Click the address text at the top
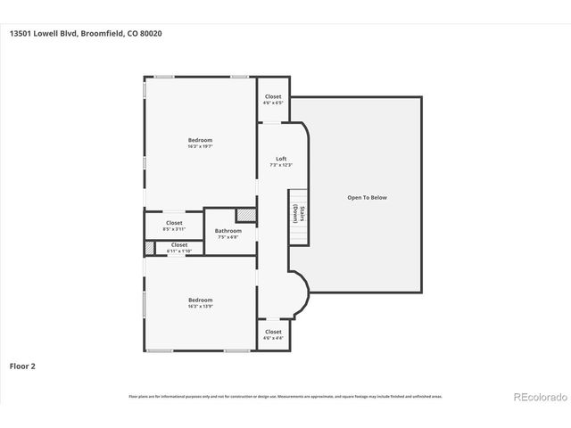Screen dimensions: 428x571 (87, 34)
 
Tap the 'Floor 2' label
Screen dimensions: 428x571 (22, 366)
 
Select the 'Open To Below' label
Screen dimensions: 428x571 (367, 197)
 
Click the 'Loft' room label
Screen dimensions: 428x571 (280, 159)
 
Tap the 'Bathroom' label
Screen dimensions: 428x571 (228, 231)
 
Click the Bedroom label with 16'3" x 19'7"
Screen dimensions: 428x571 (200, 140)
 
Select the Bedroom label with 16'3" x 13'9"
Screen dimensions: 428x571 (200, 300)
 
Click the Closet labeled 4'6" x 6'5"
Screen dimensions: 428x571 (273, 96)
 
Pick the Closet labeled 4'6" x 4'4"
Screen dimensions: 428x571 (273, 332)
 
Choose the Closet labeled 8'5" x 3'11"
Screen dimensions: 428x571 (174, 223)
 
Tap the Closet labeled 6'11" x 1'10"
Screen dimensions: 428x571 (179, 244)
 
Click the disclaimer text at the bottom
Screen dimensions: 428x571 (285, 396)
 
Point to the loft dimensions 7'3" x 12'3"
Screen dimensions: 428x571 (280, 165)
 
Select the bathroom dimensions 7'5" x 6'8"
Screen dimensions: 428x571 (228, 237)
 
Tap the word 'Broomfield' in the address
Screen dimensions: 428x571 (113, 34)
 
